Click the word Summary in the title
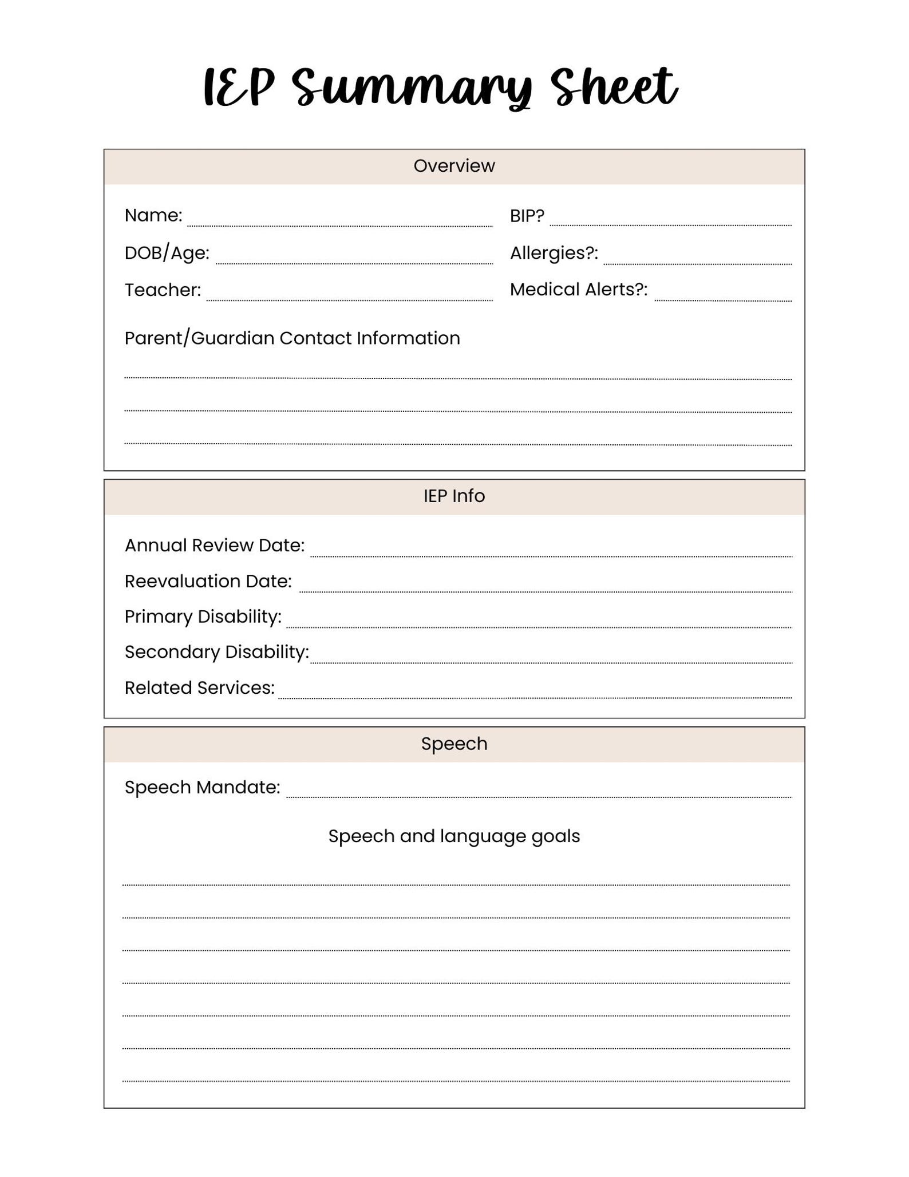pos(412,89)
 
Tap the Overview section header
pos(454,166)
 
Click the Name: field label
pos(153,215)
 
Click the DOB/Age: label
pos(167,252)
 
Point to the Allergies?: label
pos(554,252)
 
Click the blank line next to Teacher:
pos(349,294)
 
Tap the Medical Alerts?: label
pos(578,290)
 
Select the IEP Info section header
pos(454,496)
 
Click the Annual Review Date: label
pos(214,545)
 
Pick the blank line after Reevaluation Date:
pos(545,586)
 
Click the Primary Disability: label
pos(203,617)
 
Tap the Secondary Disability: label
pos(216,652)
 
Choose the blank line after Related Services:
pos(535,693)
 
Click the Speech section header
pos(454,744)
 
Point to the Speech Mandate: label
pos(202,787)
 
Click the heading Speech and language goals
pos(454,836)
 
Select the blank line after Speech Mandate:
pos(538,792)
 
